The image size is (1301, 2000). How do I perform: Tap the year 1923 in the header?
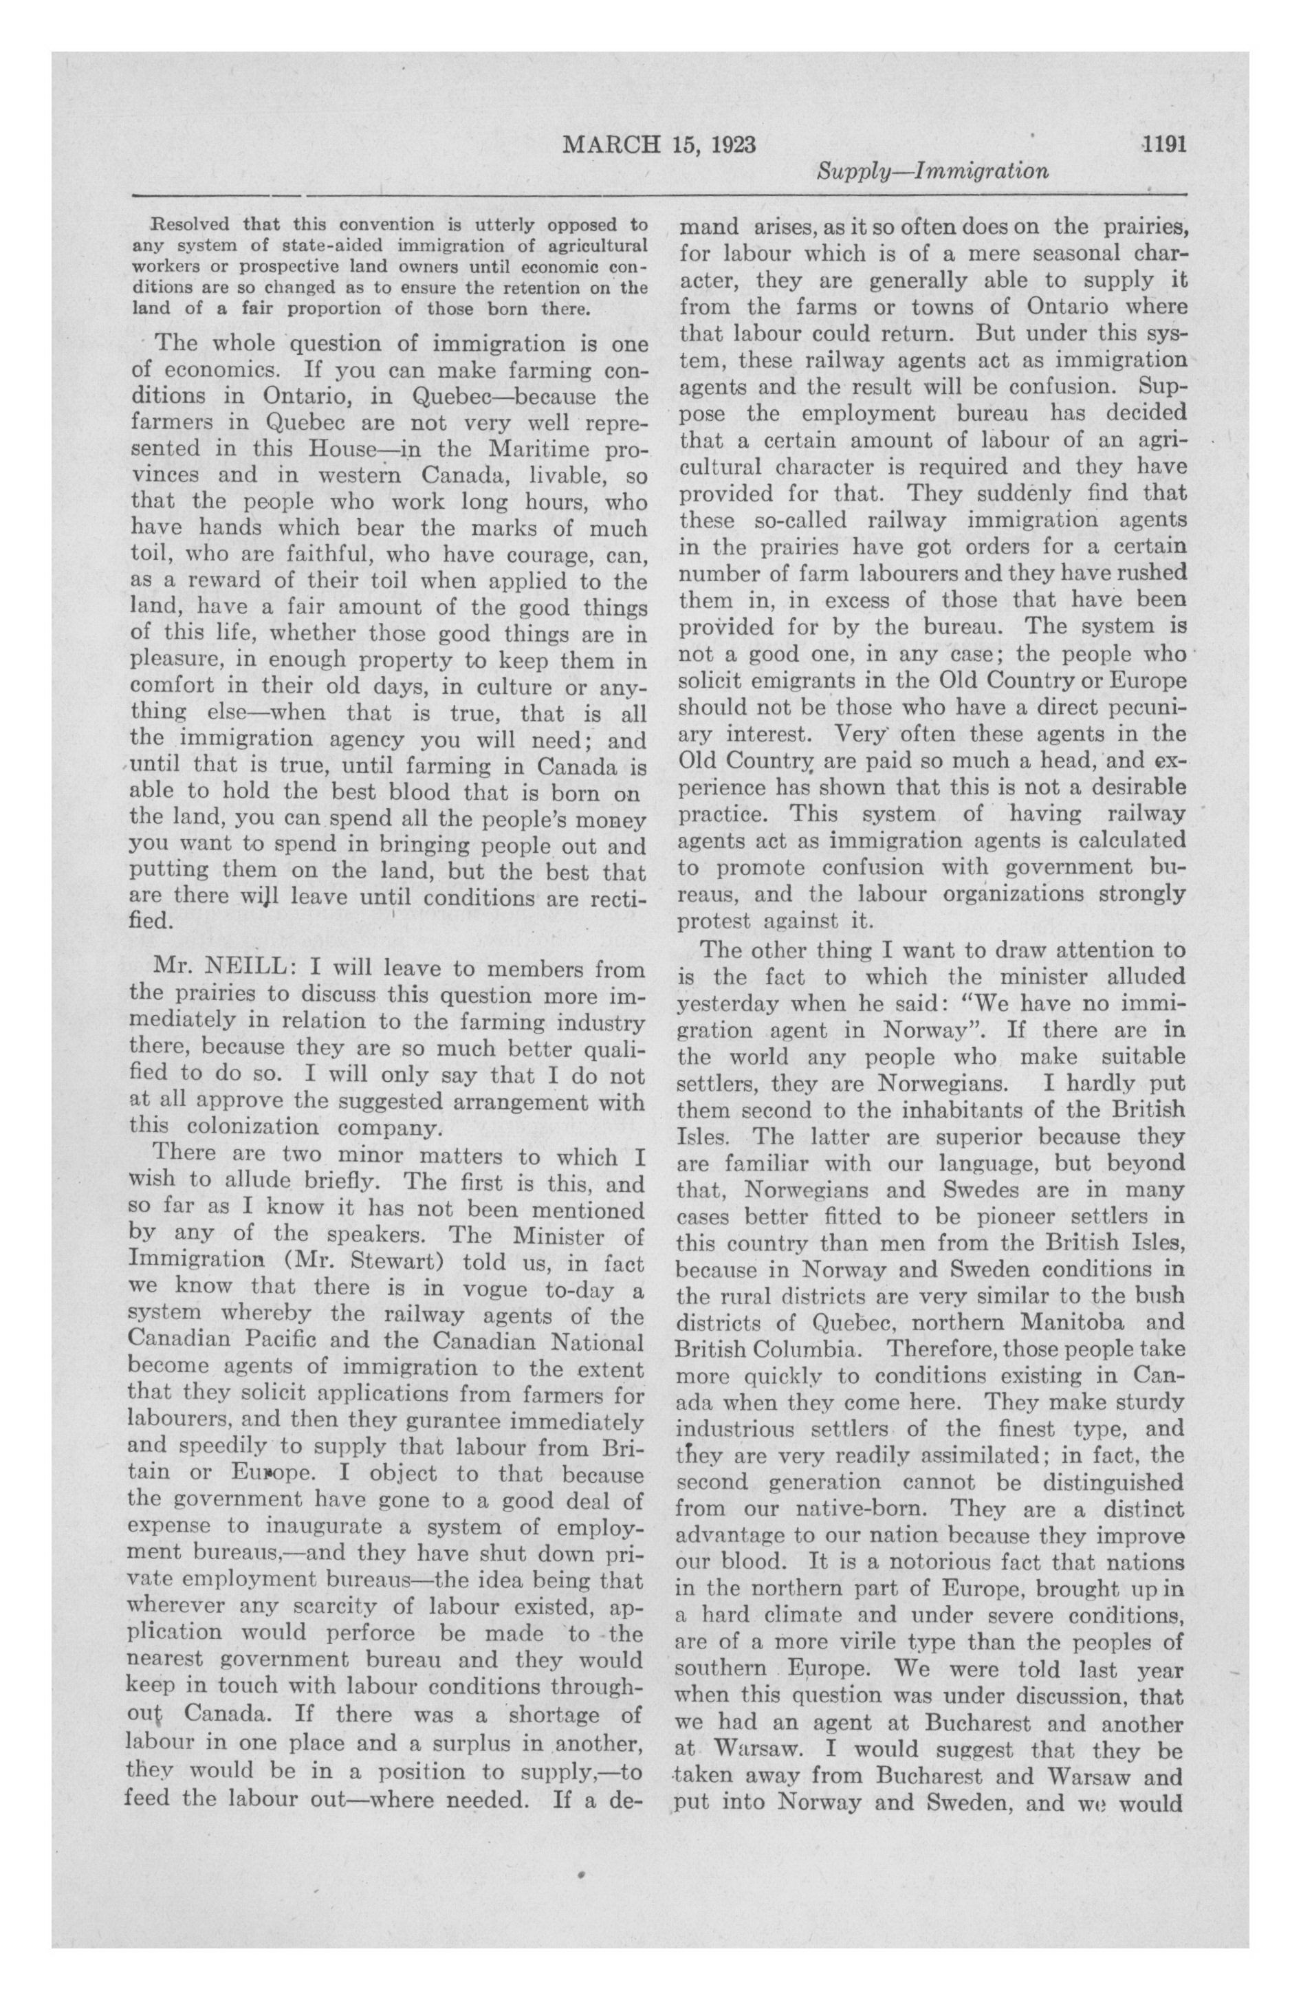click(x=734, y=144)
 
